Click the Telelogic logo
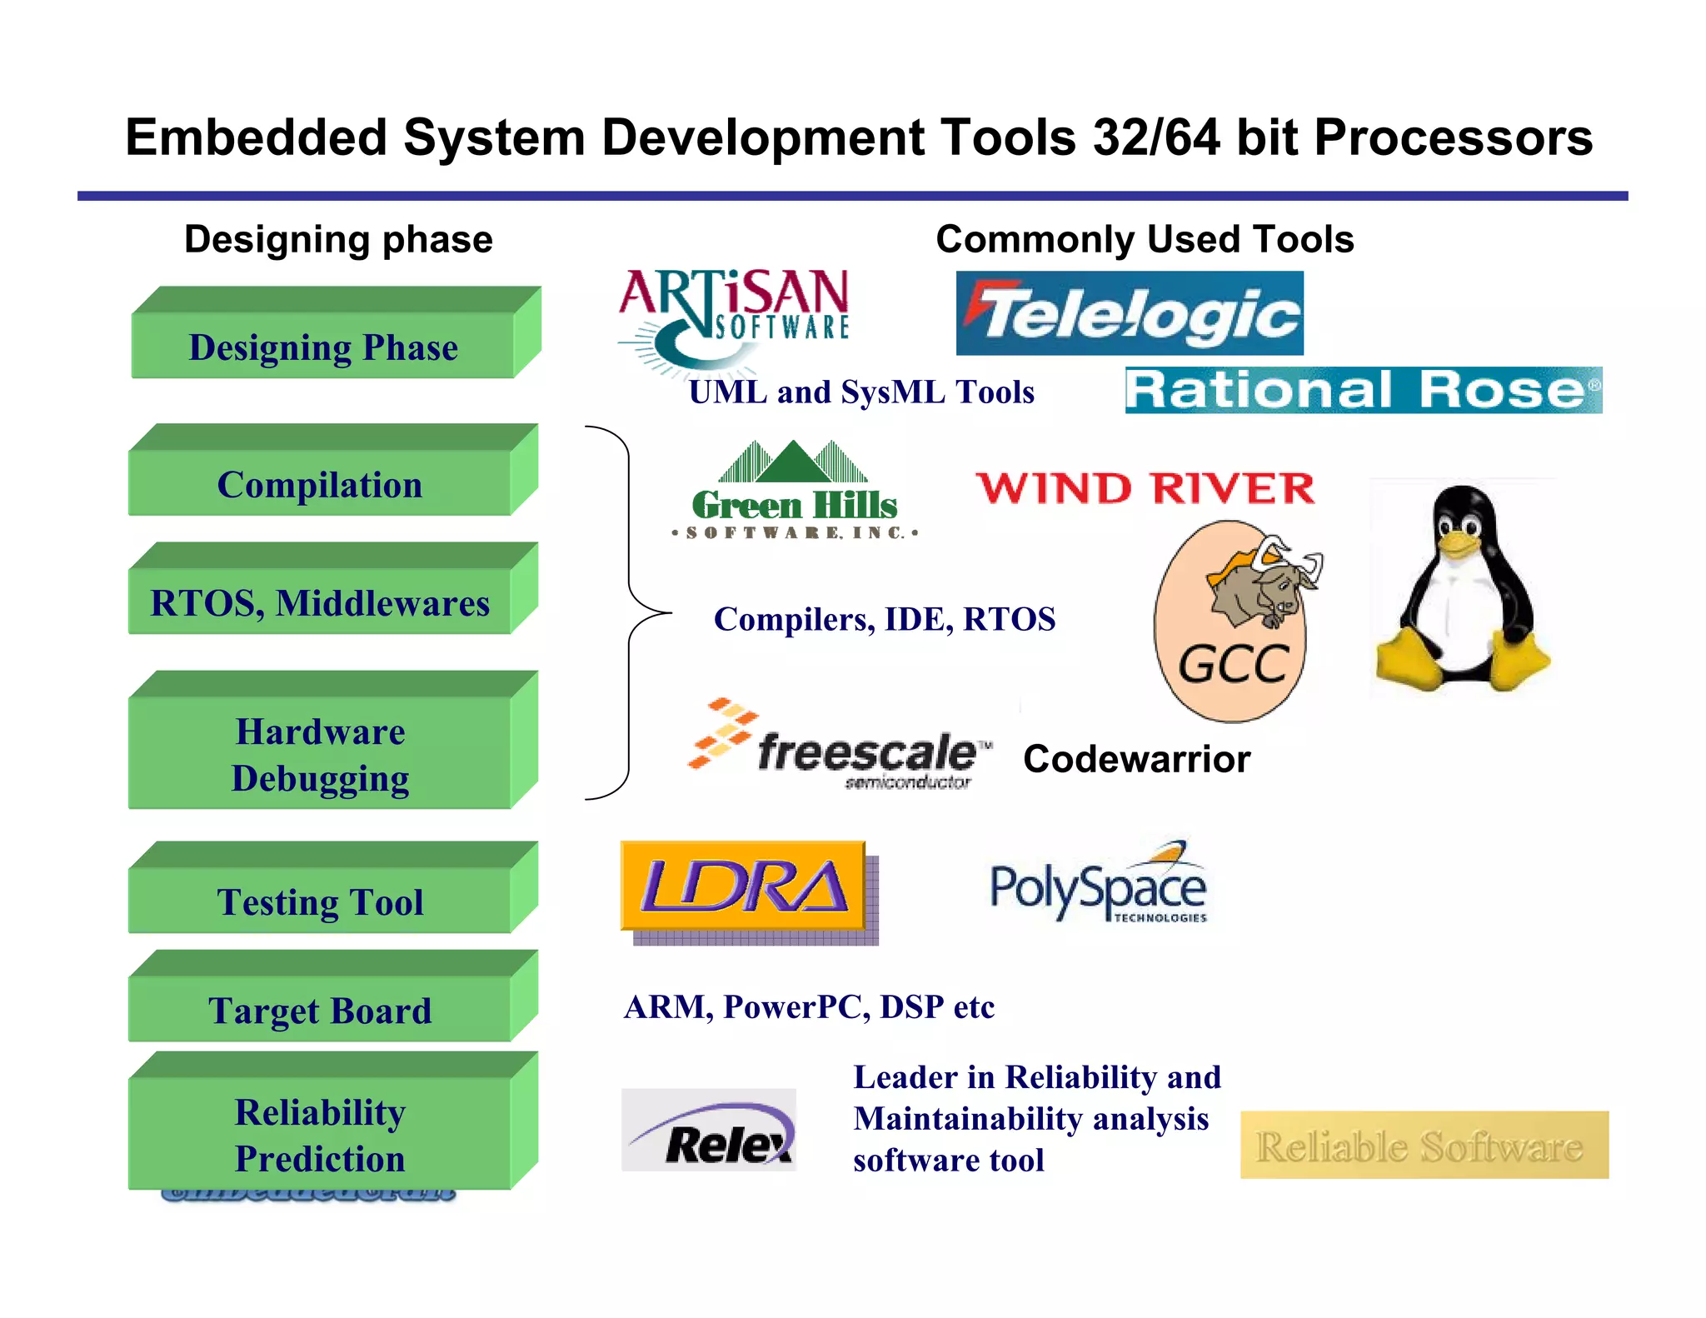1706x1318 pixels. pyautogui.click(x=1129, y=314)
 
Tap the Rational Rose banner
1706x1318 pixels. pyautogui.click(x=1363, y=390)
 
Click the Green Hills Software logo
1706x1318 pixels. pyautogui.click(x=795, y=492)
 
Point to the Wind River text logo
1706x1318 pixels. pyautogui.click(x=1145, y=488)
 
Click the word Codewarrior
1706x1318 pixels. pyautogui.click(x=1136, y=759)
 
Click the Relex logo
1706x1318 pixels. pyautogui.click(x=709, y=1131)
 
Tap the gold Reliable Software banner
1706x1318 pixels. pyautogui.click(x=1424, y=1145)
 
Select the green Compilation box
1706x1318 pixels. pyautogui.click(x=320, y=484)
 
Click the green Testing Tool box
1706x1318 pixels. pyautogui.click(x=320, y=901)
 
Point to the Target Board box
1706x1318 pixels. pyautogui.click(x=320, y=1010)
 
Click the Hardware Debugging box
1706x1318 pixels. pyautogui.click(x=320, y=754)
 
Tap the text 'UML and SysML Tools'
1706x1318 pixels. pyautogui.click(x=861, y=392)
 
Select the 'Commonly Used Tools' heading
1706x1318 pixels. pyautogui.click(x=1145, y=239)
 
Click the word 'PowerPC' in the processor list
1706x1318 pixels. pyautogui.click(x=791, y=1006)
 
